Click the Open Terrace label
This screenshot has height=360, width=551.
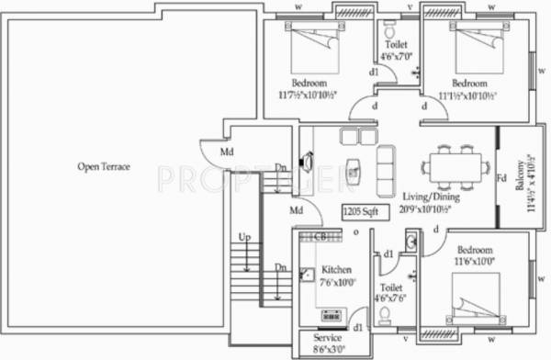(103, 167)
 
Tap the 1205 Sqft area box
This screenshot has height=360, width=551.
(361, 211)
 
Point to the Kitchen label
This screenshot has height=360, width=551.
(335, 270)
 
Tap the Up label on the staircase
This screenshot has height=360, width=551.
(243, 237)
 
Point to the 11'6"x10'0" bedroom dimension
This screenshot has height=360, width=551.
(474, 262)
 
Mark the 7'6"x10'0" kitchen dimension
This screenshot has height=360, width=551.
(337, 282)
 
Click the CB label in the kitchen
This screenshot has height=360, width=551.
(320, 237)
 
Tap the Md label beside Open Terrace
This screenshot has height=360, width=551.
(225, 152)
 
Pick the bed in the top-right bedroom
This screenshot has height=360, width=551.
(479, 45)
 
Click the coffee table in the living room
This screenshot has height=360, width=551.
(353, 170)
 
